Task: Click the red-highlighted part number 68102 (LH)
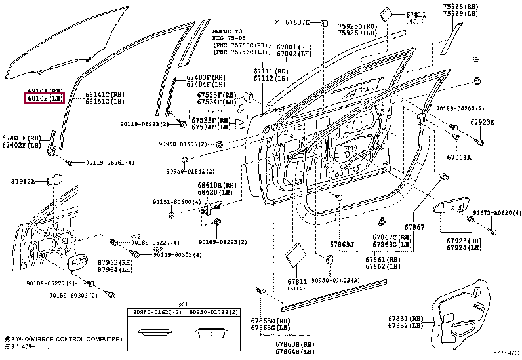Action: click(x=45, y=98)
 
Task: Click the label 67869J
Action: click(x=342, y=244)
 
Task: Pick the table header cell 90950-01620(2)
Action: click(x=154, y=313)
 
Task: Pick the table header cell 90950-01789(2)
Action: click(x=209, y=313)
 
